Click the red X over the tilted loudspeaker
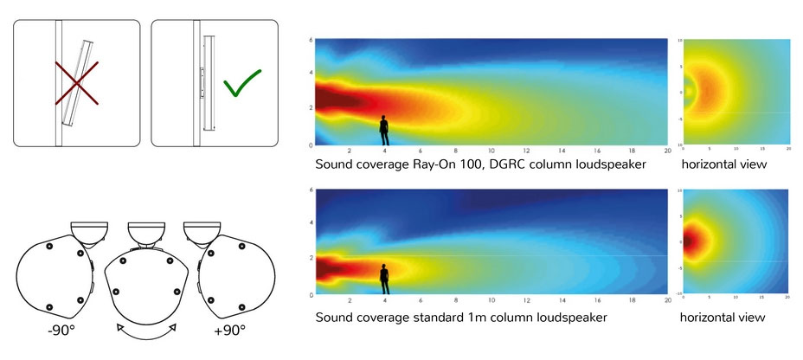click(x=77, y=82)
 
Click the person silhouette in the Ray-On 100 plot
click(x=383, y=130)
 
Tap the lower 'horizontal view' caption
click(x=723, y=318)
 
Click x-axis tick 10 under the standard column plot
click(x=491, y=300)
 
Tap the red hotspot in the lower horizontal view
click(x=691, y=241)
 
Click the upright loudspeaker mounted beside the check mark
click(x=208, y=82)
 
